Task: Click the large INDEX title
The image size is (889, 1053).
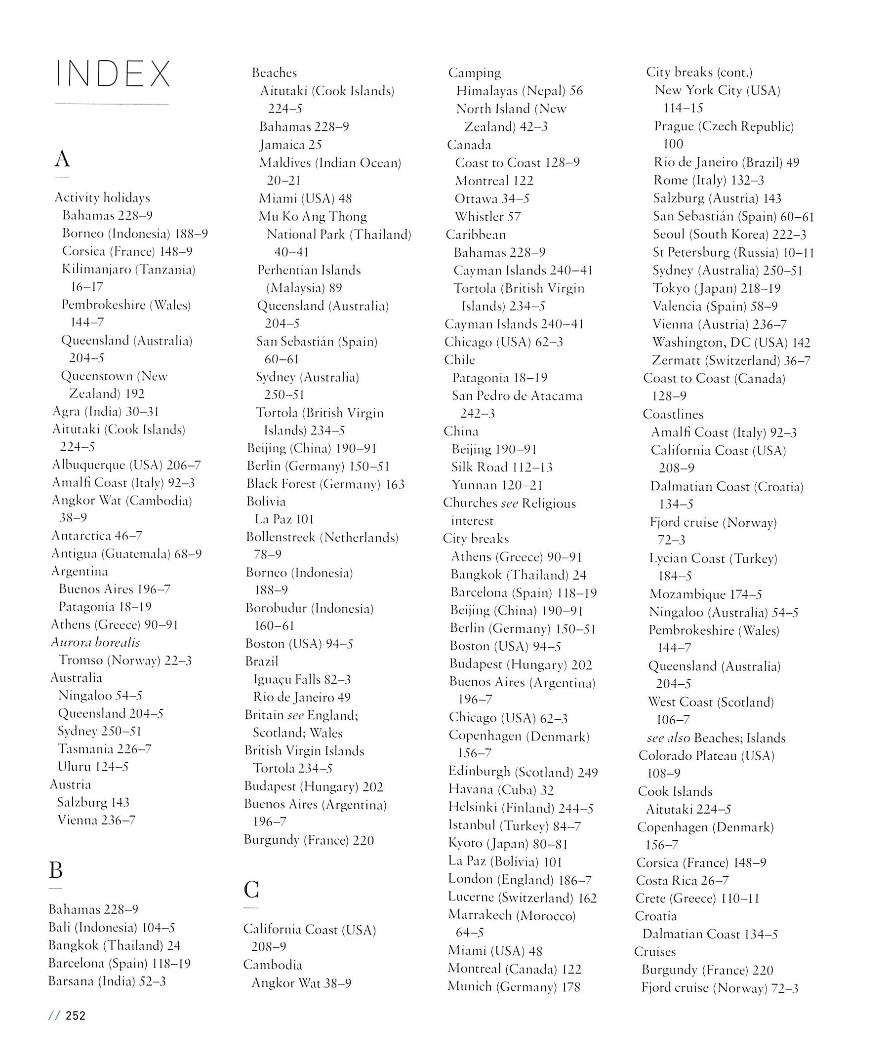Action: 113,74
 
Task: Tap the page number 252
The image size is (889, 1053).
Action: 76,1015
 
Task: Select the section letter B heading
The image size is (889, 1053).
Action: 56,870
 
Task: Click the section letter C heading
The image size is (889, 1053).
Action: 251,890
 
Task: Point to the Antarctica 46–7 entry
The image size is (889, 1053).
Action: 97,536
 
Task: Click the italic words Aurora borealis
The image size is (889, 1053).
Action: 95,642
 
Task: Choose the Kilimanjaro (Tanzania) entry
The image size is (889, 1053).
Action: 128,269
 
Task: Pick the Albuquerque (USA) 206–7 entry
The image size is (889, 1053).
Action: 126,465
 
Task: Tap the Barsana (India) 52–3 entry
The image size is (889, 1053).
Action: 107,981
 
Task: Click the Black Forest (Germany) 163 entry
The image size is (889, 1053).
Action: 325,484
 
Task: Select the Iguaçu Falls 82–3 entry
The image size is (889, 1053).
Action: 302,679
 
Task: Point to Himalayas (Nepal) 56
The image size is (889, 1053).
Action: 519,91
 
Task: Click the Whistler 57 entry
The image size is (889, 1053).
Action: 487,217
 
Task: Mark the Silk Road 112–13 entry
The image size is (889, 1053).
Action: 502,467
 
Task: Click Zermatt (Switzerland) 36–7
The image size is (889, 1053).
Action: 731,361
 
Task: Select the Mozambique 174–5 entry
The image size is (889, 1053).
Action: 706,594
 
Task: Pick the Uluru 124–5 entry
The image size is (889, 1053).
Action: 93,767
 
